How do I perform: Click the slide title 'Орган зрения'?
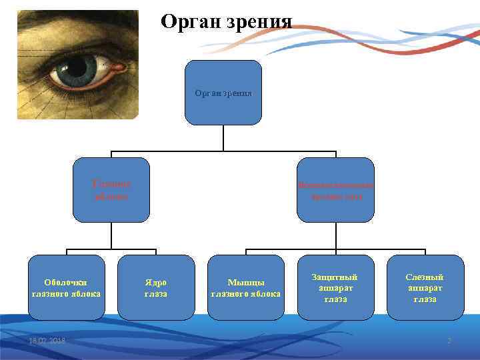(x=227, y=21)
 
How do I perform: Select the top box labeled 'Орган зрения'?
(x=223, y=93)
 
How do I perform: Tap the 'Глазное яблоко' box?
(x=111, y=190)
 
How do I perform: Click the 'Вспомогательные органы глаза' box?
(x=335, y=190)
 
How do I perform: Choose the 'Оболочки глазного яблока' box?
(x=66, y=287)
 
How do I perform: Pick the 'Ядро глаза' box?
(x=155, y=287)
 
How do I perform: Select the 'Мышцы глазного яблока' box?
(x=246, y=287)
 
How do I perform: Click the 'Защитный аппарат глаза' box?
(x=335, y=287)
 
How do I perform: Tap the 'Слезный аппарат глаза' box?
(x=425, y=287)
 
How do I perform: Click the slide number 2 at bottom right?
(x=449, y=341)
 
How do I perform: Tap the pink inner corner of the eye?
(x=119, y=67)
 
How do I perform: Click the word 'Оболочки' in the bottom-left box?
(x=66, y=282)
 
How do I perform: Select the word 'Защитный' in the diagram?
(x=335, y=277)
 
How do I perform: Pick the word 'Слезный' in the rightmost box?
(x=425, y=277)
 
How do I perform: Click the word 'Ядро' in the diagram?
(x=155, y=282)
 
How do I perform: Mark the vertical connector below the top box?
(x=223, y=137)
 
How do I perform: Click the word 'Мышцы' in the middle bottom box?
(x=246, y=282)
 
